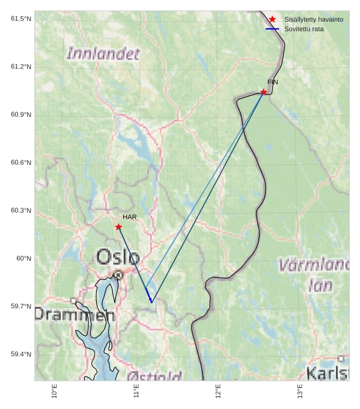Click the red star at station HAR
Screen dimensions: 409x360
coord(118,226)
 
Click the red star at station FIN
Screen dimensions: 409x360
coord(264,92)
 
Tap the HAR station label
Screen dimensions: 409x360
coord(130,217)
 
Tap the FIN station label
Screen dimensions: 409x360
coord(273,82)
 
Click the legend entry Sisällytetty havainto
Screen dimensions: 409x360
coord(314,19)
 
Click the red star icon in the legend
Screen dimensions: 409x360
coord(272,19)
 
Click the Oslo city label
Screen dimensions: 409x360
coord(118,258)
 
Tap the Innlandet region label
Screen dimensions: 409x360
coord(103,53)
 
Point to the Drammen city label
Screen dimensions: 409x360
coord(74,314)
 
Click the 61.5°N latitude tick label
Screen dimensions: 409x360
coord(21,19)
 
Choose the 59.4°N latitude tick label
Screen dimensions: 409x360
coord(21,354)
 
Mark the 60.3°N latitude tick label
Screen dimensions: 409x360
coord(21,210)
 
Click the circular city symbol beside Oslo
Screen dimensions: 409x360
coord(119,275)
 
